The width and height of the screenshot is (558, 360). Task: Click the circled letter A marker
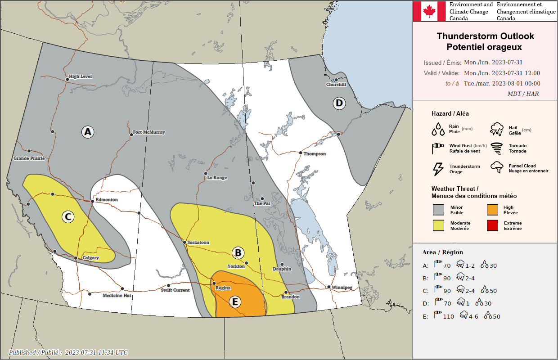point(87,132)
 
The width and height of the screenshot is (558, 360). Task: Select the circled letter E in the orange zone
point(234,301)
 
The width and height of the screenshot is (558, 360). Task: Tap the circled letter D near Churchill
point(339,103)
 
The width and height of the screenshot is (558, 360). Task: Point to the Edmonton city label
point(107,200)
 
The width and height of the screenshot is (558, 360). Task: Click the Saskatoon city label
point(198,243)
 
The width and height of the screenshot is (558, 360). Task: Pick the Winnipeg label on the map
point(342,287)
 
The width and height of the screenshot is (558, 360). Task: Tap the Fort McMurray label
point(149,133)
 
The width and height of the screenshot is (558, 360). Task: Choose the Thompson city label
point(315,154)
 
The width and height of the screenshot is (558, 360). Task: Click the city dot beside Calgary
point(76,258)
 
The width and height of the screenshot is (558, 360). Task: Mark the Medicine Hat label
point(117,296)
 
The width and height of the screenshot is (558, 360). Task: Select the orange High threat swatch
point(492,210)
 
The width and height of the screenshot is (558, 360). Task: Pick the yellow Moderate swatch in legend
point(438,225)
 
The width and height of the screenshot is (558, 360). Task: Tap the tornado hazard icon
point(497,148)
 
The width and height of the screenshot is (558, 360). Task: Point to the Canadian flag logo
point(429,11)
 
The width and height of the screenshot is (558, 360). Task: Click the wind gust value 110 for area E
point(448,316)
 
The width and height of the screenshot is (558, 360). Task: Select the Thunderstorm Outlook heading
point(485,36)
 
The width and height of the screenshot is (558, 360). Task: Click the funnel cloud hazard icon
point(497,168)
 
